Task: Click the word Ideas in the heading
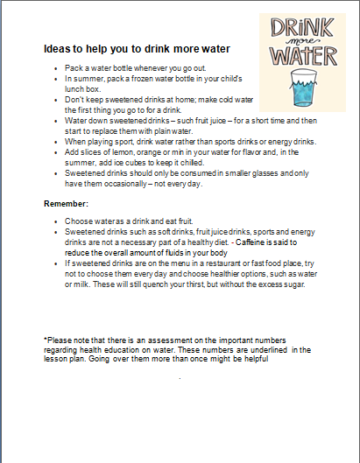click(x=58, y=50)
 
